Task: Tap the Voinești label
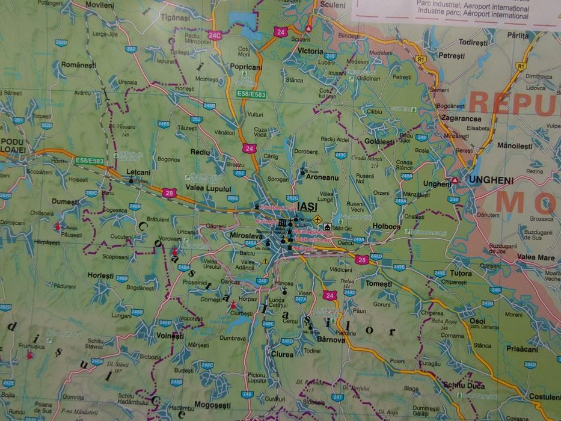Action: click(169, 336)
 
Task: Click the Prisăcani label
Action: click(521, 349)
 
